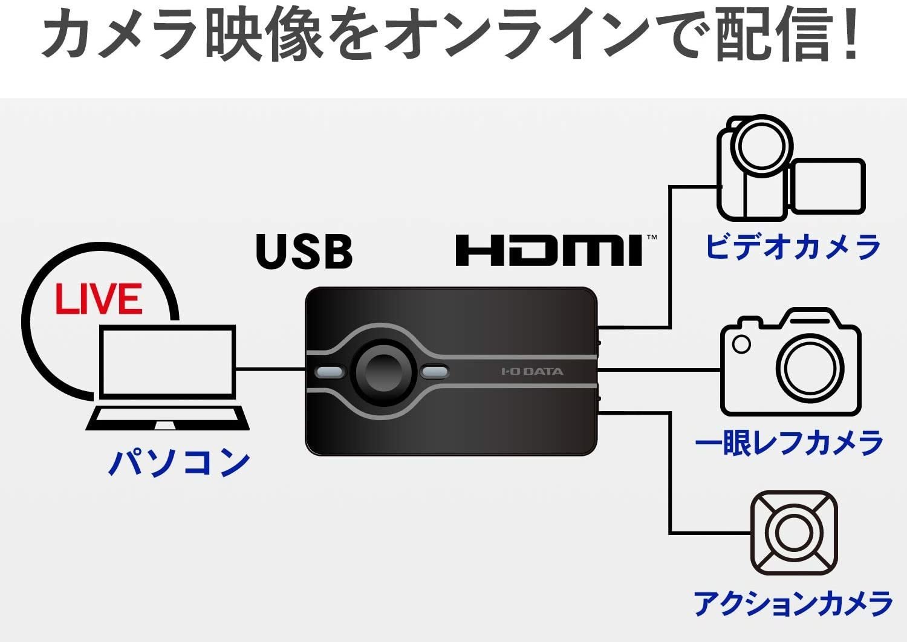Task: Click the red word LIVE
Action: pyautogui.click(x=99, y=299)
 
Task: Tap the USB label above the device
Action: pyautogui.click(x=304, y=251)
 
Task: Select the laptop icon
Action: pyautogui.click(x=167, y=378)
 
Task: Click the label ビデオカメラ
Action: pyautogui.click(x=793, y=247)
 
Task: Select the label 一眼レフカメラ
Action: pyautogui.click(x=789, y=443)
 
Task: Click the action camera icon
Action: pyautogui.click(x=793, y=533)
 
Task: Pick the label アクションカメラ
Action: pyautogui.click(x=793, y=603)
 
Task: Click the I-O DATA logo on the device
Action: pyautogui.click(x=532, y=371)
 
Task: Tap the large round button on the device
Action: pyautogui.click(x=382, y=371)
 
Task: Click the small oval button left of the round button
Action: pyautogui.click(x=329, y=371)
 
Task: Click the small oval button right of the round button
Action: pyautogui.click(x=434, y=371)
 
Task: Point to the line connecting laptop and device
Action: pyautogui.click(x=270, y=369)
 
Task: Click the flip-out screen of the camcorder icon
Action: pyautogui.click(x=828, y=186)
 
